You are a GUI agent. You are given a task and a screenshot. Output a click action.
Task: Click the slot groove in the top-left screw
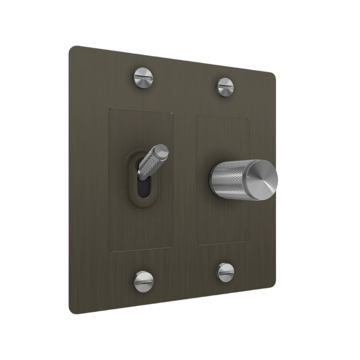(143, 79)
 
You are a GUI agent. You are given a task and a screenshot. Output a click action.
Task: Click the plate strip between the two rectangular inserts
(184, 180)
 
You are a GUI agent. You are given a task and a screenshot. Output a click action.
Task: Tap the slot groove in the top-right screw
(225, 87)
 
